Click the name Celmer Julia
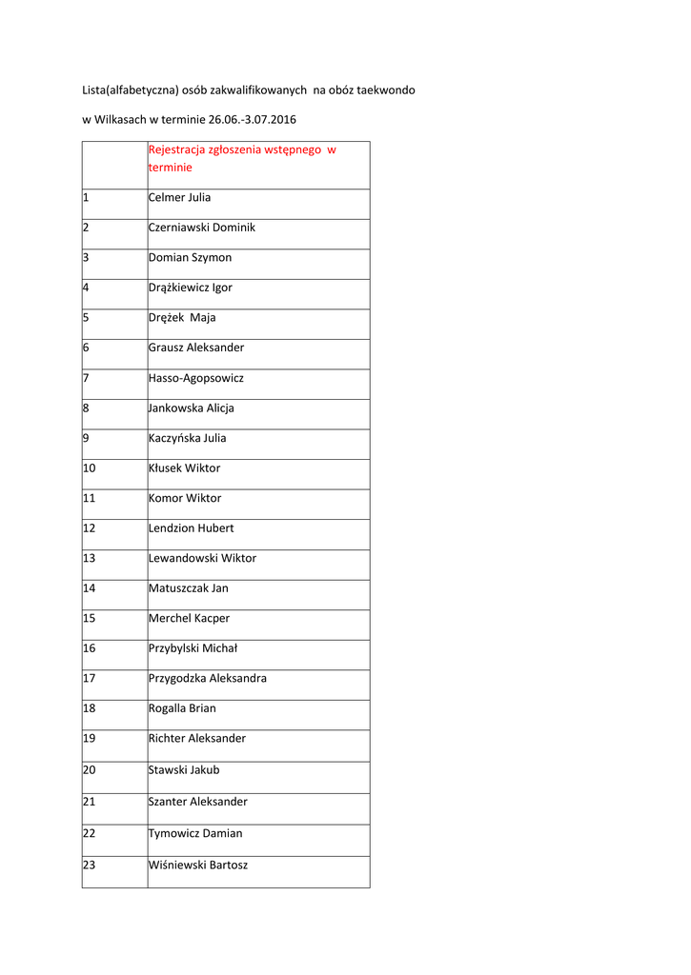coord(180,198)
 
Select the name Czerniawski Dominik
coord(202,229)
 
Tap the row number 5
coord(86,318)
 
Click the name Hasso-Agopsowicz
coord(196,378)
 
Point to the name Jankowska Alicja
coord(192,408)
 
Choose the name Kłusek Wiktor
coord(184,468)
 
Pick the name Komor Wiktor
coord(185,498)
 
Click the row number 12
coord(90,528)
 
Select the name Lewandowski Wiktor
coord(202,558)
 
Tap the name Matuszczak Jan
coord(189,588)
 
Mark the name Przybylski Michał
coord(193,648)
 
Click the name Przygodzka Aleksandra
coord(208,679)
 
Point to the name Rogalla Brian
coord(182,708)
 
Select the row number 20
coord(90,770)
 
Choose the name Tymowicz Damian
coord(195,833)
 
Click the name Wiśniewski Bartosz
coord(198,866)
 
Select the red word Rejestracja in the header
coord(181,150)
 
